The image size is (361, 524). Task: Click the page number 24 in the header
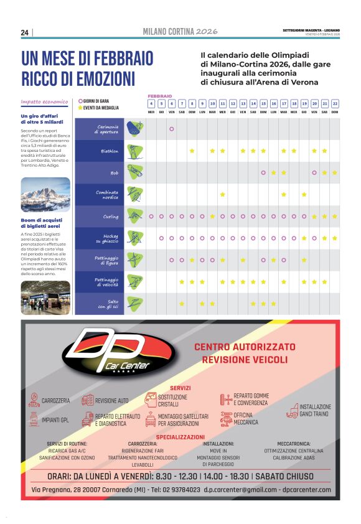point(24,32)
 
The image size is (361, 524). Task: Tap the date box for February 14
point(253,103)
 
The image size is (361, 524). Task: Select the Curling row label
point(111,217)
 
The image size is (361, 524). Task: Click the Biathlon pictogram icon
point(134,151)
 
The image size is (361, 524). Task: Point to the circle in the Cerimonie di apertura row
point(171,129)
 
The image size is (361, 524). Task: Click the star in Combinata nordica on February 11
point(222,194)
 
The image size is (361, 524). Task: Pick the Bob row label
point(114,172)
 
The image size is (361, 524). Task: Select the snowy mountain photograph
point(45,195)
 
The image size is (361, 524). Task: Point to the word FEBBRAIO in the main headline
point(118,59)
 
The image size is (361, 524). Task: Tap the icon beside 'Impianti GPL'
point(34,421)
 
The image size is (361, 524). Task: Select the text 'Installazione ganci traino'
point(315,410)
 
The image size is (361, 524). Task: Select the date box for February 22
point(334,103)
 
